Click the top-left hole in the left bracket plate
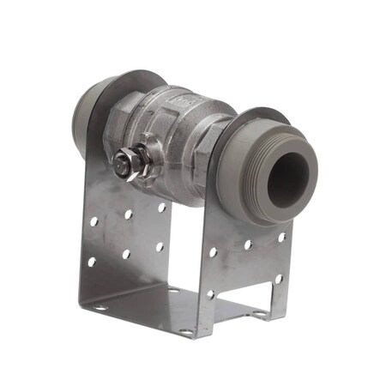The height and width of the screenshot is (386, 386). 94,221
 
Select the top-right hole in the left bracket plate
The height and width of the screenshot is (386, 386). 161,207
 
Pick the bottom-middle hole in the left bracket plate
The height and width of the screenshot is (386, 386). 126,254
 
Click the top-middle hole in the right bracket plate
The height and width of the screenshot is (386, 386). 247,244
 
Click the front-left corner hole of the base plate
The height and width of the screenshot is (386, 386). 100,308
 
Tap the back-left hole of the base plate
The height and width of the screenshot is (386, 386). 172,291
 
